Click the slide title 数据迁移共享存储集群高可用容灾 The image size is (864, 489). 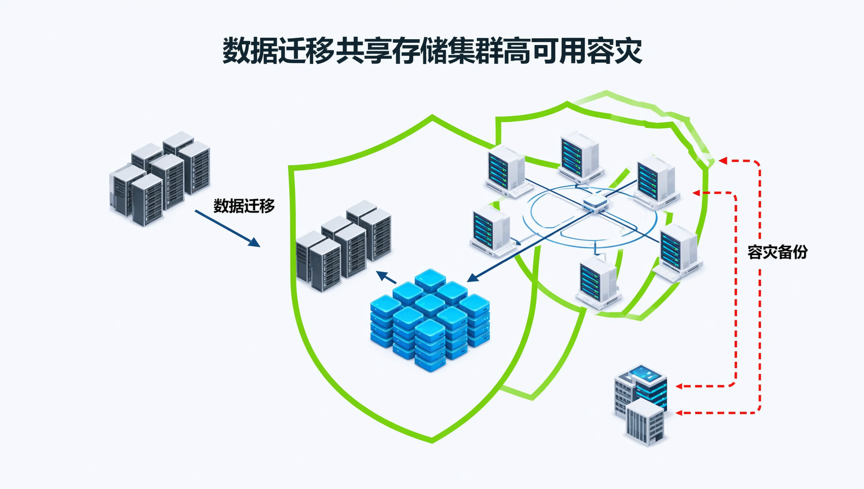(x=432, y=51)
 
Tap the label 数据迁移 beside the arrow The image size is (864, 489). (x=244, y=206)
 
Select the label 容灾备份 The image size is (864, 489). (x=777, y=252)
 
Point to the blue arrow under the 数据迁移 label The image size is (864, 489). (x=227, y=228)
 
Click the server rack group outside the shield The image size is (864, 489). (x=159, y=178)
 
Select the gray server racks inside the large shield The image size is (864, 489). (x=344, y=246)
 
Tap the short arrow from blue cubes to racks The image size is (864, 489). (x=386, y=278)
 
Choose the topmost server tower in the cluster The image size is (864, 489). (x=580, y=155)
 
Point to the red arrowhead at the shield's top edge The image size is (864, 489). (x=722, y=161)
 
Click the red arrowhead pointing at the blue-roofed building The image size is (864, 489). (x=679, y=387)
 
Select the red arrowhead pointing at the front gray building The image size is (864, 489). (x=679, y=413)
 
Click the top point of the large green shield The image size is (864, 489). (x=432, y=117)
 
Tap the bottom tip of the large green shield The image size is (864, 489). (x=431, y=440)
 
